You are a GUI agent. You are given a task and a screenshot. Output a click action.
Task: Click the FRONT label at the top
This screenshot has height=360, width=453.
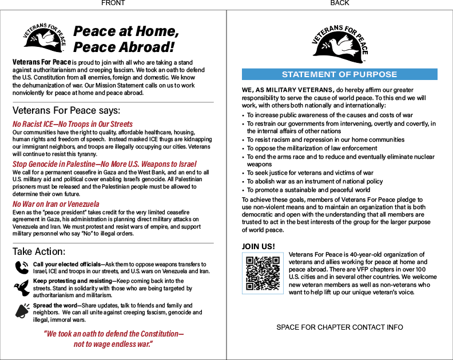[x=113, y=3]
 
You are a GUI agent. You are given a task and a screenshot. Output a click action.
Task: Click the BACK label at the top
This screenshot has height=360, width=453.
[x=340, y=3]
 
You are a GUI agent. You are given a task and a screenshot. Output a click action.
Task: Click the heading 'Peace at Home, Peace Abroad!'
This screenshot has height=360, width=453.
[x=126, y=39]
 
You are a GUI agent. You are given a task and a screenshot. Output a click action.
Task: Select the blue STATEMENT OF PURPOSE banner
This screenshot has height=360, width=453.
[x=339, y=74]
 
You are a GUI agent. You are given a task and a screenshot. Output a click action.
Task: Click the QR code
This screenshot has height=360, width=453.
[x=263, y=273]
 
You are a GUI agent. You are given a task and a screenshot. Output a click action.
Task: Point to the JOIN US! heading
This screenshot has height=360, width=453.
[x=259, y=247]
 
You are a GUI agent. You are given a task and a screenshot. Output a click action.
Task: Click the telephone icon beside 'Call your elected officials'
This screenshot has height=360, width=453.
[x=22, y=267]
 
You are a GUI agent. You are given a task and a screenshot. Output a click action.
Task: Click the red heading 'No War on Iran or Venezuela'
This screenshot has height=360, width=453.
[x=55, y=204]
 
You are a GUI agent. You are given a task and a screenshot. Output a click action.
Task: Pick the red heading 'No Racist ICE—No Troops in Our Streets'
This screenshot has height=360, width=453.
[x=73, y=124]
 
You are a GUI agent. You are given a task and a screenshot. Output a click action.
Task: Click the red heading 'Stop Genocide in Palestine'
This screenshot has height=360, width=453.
[x=104, y=164]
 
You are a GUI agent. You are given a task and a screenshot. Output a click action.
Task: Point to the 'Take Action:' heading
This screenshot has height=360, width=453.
[x=39, y=251]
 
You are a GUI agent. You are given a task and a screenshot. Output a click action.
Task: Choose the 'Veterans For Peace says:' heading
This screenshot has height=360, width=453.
[x=66, y=110]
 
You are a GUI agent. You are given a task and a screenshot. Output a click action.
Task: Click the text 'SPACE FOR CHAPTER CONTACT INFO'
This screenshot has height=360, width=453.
[x=339, y=327]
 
